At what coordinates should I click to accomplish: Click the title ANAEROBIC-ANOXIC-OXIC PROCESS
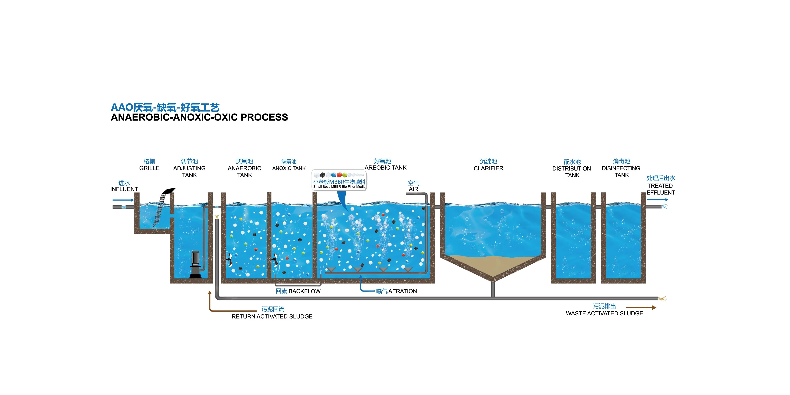pos(199,117)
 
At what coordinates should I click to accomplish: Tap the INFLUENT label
pos(124,189)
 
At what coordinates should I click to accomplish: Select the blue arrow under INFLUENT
pos(123,200)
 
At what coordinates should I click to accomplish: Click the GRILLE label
pos(149,168)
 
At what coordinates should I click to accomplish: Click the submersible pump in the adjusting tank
pos(195,265)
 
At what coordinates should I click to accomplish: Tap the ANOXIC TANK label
pos(289,168)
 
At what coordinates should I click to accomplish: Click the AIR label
pos(413,189)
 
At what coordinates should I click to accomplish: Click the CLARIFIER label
pos(489,168)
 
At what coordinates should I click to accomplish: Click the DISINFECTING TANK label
pos(621,172)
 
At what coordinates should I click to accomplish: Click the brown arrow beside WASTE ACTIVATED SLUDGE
pos(641,307)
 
